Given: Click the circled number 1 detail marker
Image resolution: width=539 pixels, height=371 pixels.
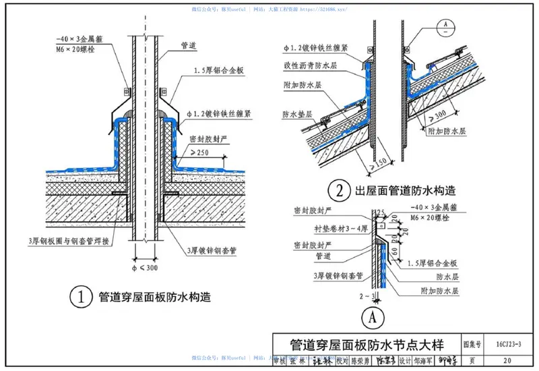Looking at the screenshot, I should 81,297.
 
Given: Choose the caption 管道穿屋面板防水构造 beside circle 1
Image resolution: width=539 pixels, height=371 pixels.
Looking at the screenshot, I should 154,297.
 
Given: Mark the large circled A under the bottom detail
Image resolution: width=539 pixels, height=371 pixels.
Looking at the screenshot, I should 369,316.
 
